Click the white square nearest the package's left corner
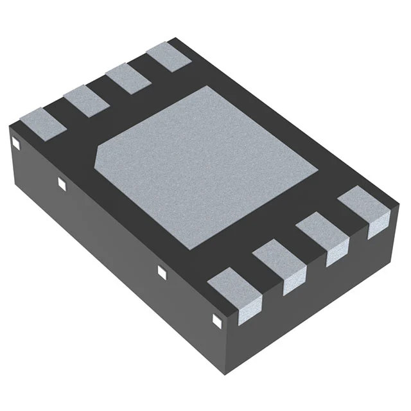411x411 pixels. tap(15, 143)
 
